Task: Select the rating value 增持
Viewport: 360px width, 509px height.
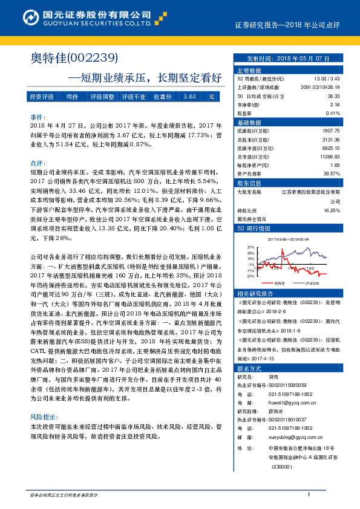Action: (72, 97)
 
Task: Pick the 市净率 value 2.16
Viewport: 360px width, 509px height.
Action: (334, 105)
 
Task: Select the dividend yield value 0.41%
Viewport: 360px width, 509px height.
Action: (333, 113)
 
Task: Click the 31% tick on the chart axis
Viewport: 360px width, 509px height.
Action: (250, 247)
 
